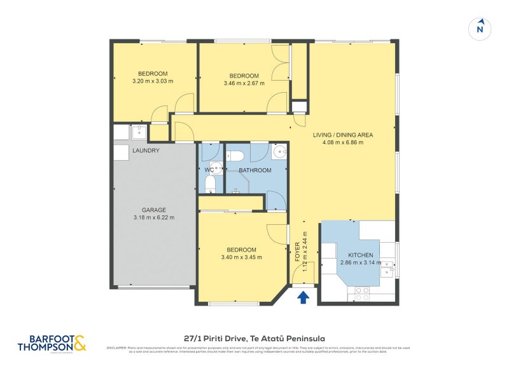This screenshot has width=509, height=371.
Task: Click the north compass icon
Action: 481,28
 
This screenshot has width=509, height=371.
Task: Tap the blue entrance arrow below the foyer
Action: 303,295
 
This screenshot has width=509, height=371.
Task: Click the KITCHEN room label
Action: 360,255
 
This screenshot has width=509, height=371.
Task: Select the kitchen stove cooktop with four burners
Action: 361,293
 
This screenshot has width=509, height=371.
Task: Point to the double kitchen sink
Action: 387,267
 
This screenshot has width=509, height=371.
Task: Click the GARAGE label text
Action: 154,210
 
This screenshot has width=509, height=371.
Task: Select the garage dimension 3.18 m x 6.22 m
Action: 154,218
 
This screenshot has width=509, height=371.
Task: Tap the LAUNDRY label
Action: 146,151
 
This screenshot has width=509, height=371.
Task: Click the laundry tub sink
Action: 138,132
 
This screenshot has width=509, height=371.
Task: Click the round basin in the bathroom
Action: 279,152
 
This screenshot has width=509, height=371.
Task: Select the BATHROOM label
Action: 254,170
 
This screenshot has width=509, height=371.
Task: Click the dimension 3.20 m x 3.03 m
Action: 153,81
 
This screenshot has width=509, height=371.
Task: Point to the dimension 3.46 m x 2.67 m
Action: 244,83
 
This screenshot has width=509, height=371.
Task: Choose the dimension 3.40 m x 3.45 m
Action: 241,257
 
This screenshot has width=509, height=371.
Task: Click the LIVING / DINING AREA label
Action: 342,135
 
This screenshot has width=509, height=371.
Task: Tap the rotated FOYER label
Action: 298,253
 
